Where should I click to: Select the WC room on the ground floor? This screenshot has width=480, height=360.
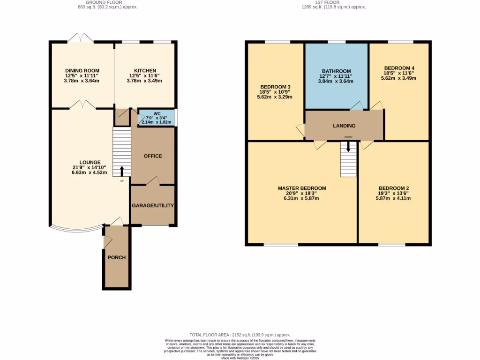click(x=156, y=118)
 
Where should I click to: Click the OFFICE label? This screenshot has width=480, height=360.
click(x=153, y=156)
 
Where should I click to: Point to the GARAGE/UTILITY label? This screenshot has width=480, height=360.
click(x=153, y=206)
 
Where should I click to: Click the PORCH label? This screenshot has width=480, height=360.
click(x=117, y=257)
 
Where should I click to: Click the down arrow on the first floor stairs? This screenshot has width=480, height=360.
click(x=348, y=146)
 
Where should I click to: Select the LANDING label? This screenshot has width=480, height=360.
click(x=344, y=126)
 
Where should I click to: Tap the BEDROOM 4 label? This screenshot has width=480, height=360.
click(x=399, y=67)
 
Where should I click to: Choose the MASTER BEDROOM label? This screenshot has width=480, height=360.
click(x=301, y=188)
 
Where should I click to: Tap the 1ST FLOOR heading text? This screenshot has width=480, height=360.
click(x=333, y=2)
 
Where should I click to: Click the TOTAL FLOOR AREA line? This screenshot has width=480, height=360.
click(x=240, y=335)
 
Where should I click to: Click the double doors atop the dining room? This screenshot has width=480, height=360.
click(x=81, y=38)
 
